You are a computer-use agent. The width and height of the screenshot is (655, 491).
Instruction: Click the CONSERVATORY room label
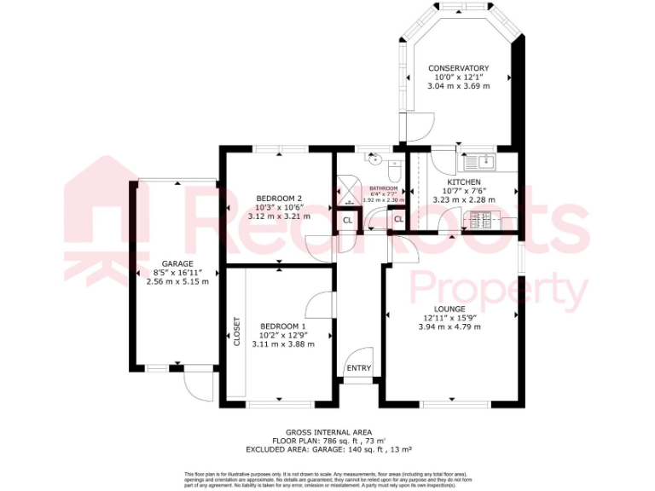[458, 68]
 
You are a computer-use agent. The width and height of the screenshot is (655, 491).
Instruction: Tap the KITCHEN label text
[465, 182]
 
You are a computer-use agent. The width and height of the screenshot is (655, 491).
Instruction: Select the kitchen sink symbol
[482, 160]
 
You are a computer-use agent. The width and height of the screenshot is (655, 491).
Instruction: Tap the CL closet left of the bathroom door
[347, 220]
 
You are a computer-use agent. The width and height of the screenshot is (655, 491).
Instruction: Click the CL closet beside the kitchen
[398, 220]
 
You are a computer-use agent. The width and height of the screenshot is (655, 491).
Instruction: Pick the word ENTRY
[359, 368]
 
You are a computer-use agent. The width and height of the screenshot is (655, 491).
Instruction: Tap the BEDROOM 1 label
[282, 326]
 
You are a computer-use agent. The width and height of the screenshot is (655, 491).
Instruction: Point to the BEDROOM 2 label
[279, 199]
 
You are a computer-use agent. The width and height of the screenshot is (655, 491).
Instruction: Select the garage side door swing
[200, 386]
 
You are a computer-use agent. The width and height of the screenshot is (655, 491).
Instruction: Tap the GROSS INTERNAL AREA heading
[327, 433]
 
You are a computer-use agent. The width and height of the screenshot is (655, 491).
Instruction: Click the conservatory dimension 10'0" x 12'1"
[458, 77]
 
